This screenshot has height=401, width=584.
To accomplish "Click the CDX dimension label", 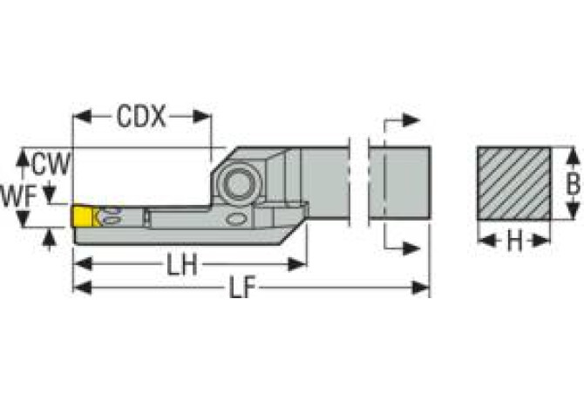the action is (x=141, y=117).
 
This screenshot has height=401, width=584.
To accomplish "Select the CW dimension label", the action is (x=51, y=164).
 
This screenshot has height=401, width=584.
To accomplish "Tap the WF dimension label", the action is (x=18, y=197).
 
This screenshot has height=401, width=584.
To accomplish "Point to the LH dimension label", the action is (x=182, y=264).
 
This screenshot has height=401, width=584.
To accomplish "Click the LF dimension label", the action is (x=242, y=288).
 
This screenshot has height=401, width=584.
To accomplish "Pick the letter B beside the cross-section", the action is (x=573, y=183).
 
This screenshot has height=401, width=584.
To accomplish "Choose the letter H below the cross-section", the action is (x=515, y=241).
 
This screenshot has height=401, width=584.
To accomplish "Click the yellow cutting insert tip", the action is (x=82, y=216).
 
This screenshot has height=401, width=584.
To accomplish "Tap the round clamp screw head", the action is (x=237, y=184).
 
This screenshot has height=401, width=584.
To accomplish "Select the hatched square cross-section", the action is (x=514, y=183).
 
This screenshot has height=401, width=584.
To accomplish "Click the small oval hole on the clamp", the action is (x=236, y=220).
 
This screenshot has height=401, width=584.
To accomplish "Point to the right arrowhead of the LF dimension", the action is (x=421, y=288).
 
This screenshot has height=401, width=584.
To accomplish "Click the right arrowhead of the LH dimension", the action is (x=297, y=264).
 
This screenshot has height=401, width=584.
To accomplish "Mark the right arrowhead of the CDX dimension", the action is (x=202, y=117).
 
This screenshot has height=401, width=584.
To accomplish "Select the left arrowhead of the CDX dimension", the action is (x=82, y=117).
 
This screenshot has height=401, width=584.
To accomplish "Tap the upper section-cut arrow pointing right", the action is (x=411, y=120).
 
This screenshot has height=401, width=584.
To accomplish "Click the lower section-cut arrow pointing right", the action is (x=411, y=248).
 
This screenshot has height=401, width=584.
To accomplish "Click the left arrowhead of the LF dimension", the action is (x=82, y=288).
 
